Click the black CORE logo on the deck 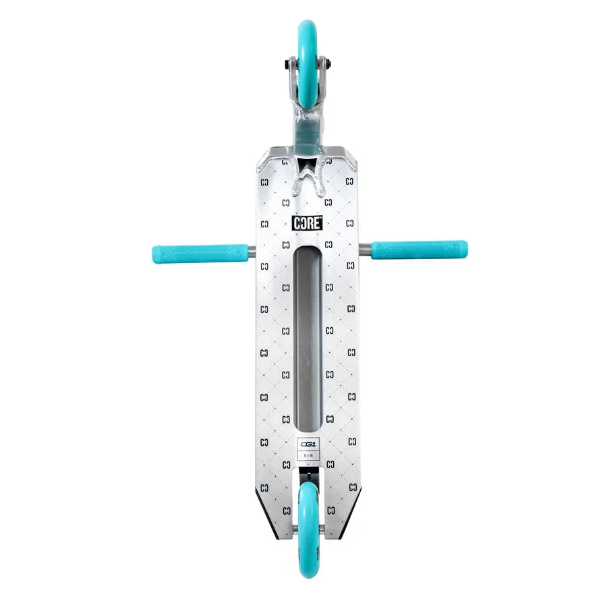[x=307, y=223]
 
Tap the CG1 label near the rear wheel [x=307, y=445]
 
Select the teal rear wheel [x=308, y=529]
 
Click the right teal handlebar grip [x=419, y=250]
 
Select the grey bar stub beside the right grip [x=365, y=250]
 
